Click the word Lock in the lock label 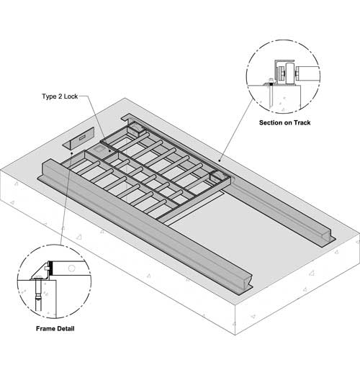tap(71, 96)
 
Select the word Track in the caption tap(302, 122)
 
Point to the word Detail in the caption tap(66, 328)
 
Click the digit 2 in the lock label tap(60, 96)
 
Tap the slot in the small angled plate tap(82, 137)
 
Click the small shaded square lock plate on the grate tap(98, 149)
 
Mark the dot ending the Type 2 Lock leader tap(109, 151)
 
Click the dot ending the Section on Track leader tap(220, 161)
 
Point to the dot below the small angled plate tap(71, 153)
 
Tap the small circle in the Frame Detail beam tap(71, 268)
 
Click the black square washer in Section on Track tap(271, 84)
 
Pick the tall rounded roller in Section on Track tap(290, 73)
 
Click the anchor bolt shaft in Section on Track tap(271, 96)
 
